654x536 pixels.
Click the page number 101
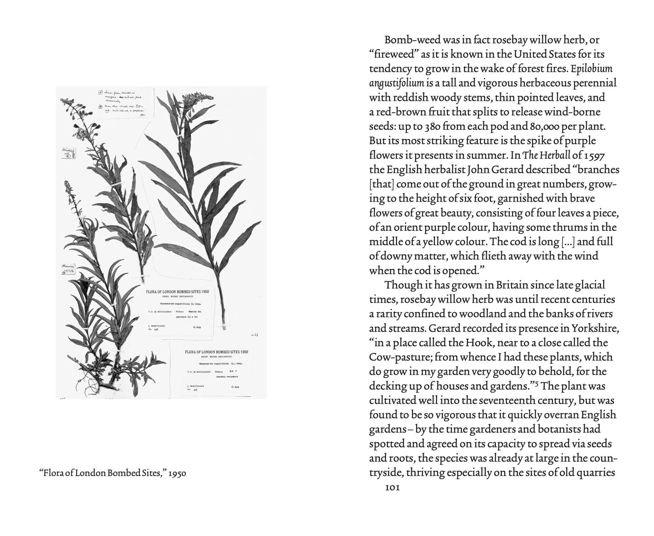[392, 487]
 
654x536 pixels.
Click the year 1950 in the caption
[177, 473]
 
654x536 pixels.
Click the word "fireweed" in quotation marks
[394, 54]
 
